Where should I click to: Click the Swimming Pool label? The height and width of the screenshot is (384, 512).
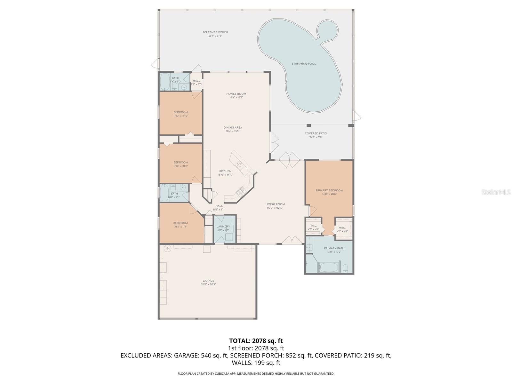pyautogui.click(x=304, y=64)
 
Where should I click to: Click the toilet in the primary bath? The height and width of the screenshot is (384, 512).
pyautogui.click(x=346, y=268)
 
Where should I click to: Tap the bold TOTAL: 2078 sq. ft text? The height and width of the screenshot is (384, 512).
pyautogui.click(x=256, y=341)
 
